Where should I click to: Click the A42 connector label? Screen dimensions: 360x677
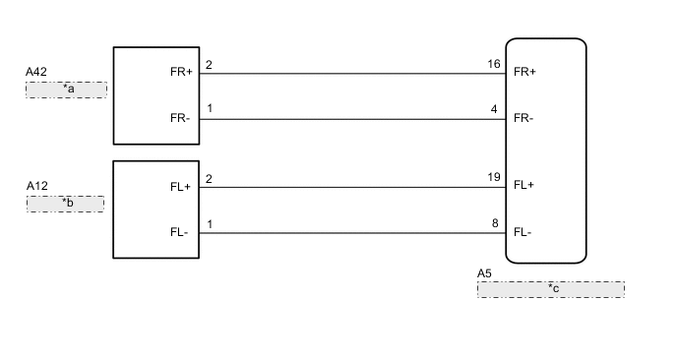pos(37,73)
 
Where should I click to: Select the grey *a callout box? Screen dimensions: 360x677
pos(66,89)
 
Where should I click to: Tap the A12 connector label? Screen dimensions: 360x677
pos(37,186)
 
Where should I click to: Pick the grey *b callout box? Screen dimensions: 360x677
pos(66,204)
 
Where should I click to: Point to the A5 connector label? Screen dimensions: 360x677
pos(484,272)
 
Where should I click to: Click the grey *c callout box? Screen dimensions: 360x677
pos(550,289)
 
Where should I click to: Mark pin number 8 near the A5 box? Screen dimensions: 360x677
pos(495,224)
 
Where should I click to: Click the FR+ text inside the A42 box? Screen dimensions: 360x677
pos(181,71)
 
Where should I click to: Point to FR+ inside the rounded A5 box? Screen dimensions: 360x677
pos(525,71)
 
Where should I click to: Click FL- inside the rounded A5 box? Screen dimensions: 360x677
pos(523,232)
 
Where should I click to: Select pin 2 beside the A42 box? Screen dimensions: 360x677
pos(209,66)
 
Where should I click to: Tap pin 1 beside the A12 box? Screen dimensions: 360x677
pos(209,224)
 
